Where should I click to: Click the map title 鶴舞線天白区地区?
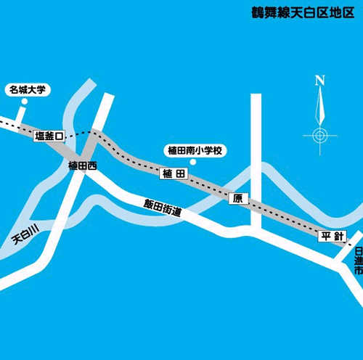pos(302,12)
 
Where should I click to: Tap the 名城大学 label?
pos(27,90)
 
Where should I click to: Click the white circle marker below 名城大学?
pos(24,102)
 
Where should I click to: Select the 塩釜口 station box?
pos(49,136)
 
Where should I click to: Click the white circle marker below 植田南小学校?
pos(192,162)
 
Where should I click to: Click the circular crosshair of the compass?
pos(320,135)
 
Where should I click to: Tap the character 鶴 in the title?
pos(258,12)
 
